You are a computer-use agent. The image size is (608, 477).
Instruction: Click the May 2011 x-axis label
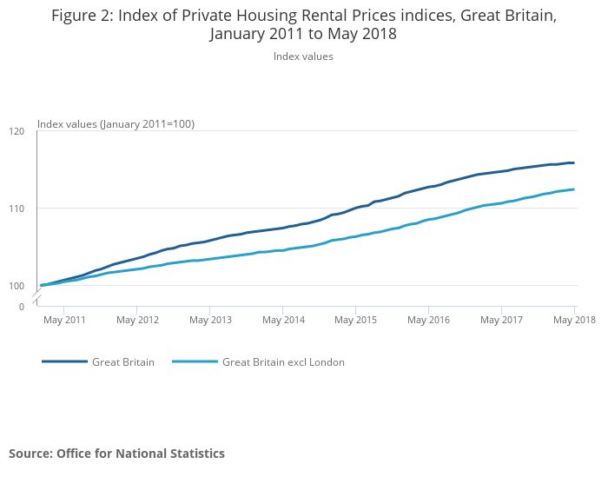64,320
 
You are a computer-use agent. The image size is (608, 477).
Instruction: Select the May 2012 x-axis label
137,320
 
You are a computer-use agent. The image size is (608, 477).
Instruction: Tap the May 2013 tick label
210,320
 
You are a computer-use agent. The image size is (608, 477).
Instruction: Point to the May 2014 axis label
283,320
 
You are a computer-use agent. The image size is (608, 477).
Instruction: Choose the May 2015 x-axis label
355,320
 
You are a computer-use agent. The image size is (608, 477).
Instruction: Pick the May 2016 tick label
428,320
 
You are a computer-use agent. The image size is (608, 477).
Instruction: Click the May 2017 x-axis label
501,320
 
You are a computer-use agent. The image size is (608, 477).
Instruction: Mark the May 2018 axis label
574,320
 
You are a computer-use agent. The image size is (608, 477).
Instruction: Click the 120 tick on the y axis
17,131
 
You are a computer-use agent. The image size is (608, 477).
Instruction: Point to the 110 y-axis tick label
17,209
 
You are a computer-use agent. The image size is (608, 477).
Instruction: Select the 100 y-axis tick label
17,286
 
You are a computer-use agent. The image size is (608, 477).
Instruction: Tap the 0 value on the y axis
22,307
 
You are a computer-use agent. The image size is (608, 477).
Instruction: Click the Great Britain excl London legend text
283,362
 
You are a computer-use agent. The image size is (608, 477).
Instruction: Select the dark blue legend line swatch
64,362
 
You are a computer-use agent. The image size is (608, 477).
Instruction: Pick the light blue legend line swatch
195,362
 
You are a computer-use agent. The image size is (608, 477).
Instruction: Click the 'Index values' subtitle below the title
303,56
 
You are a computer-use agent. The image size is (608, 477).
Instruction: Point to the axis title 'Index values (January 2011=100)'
116,124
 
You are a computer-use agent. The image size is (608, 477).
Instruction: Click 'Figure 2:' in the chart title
83,16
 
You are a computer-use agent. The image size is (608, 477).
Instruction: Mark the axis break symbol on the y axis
37,299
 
